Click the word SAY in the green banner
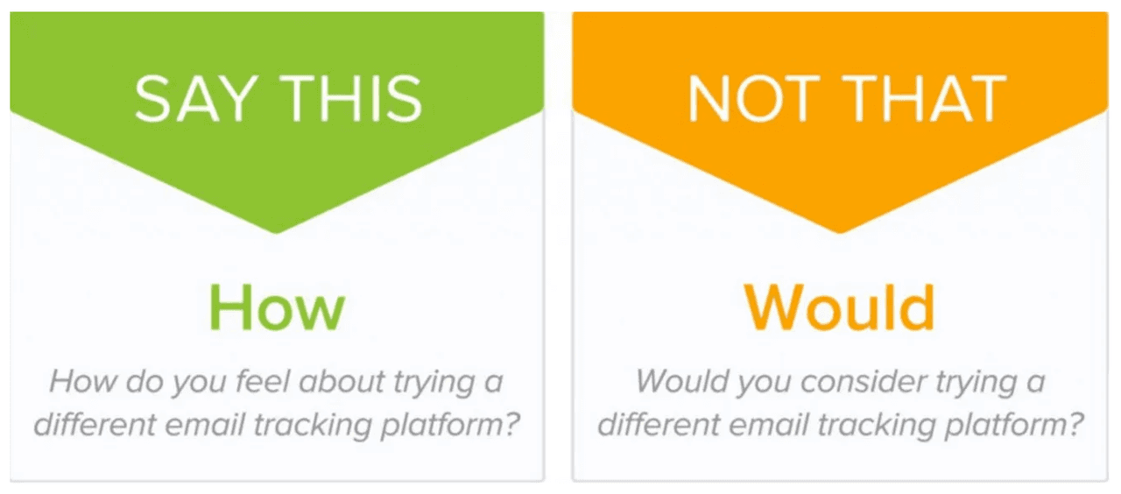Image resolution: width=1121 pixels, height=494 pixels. coord(196,99)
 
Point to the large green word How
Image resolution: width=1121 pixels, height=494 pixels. coord(277,307)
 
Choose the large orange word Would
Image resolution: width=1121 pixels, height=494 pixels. coord(839,307)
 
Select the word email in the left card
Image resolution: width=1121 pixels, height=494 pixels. coord(204,425)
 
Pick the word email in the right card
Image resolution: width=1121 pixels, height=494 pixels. coord(768,425)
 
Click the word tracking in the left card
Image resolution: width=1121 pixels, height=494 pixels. coord(313,426)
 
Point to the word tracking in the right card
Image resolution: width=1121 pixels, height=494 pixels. coord(877,426)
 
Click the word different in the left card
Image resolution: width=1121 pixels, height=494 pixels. coord(95,425)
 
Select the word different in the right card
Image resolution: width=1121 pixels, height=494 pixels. coord(659,425)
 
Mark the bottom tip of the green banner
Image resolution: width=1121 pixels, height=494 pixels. coord(276,233)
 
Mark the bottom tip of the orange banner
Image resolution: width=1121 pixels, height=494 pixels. coord(840,233)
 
